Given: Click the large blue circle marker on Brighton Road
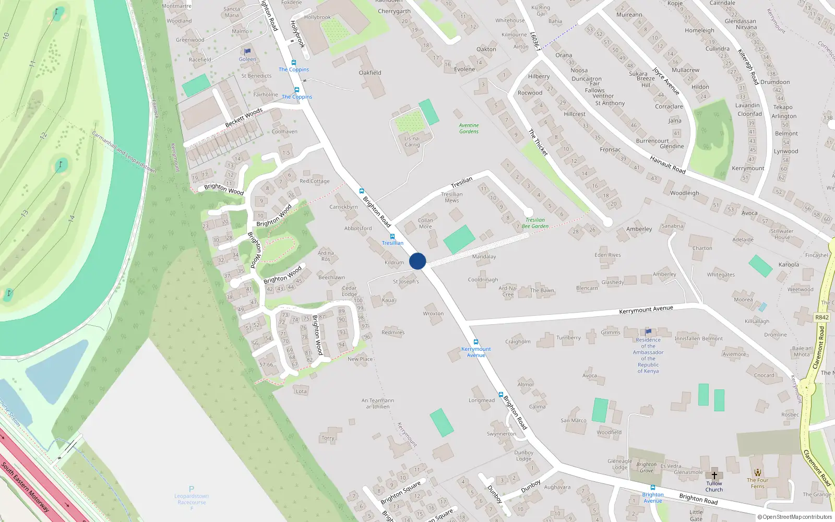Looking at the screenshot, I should coord(417,261).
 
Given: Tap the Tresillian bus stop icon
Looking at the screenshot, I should coord(392,236).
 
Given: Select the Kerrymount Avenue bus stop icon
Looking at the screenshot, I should coord(475,342).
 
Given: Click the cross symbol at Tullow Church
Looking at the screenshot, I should coord(714,476).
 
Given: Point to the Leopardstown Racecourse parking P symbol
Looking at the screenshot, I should coord(192,489).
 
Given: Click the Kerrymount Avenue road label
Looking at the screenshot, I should coord(646,310).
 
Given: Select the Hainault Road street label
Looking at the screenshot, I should coord(667,164).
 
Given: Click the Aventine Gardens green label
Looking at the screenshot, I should coord(469,128).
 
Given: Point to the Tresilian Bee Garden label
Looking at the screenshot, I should coord(535,223).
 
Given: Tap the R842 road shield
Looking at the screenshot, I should coord(821,317).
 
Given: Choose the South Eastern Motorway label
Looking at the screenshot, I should coord(25,487).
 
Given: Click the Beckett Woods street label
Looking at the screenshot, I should coord(244,118).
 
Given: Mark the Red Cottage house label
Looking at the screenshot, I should coord(315,181).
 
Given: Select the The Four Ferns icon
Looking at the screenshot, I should coord(758,472).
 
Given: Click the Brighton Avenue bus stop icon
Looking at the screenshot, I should coord(652,488).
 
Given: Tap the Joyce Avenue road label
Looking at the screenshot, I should coord(665,81).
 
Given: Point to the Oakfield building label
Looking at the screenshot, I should coord(370,73).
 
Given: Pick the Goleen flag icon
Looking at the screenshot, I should coord(247,51).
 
